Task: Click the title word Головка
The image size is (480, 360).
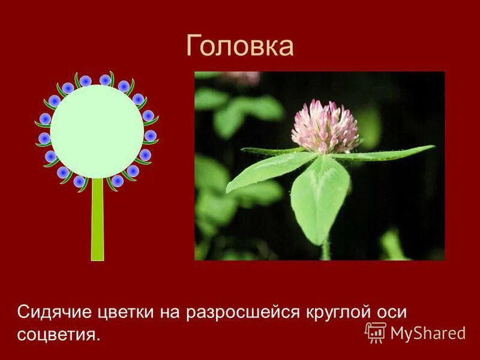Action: pos(239,46)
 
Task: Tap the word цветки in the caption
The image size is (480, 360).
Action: pos(127,313)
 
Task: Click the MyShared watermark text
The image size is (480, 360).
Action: pos(428,332)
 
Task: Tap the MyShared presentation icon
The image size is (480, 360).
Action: pos(376,332)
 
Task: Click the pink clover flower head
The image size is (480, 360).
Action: pos(325,127)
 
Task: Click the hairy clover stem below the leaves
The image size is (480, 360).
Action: pos(326,251)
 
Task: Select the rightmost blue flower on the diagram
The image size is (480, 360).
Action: pos(150,136)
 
